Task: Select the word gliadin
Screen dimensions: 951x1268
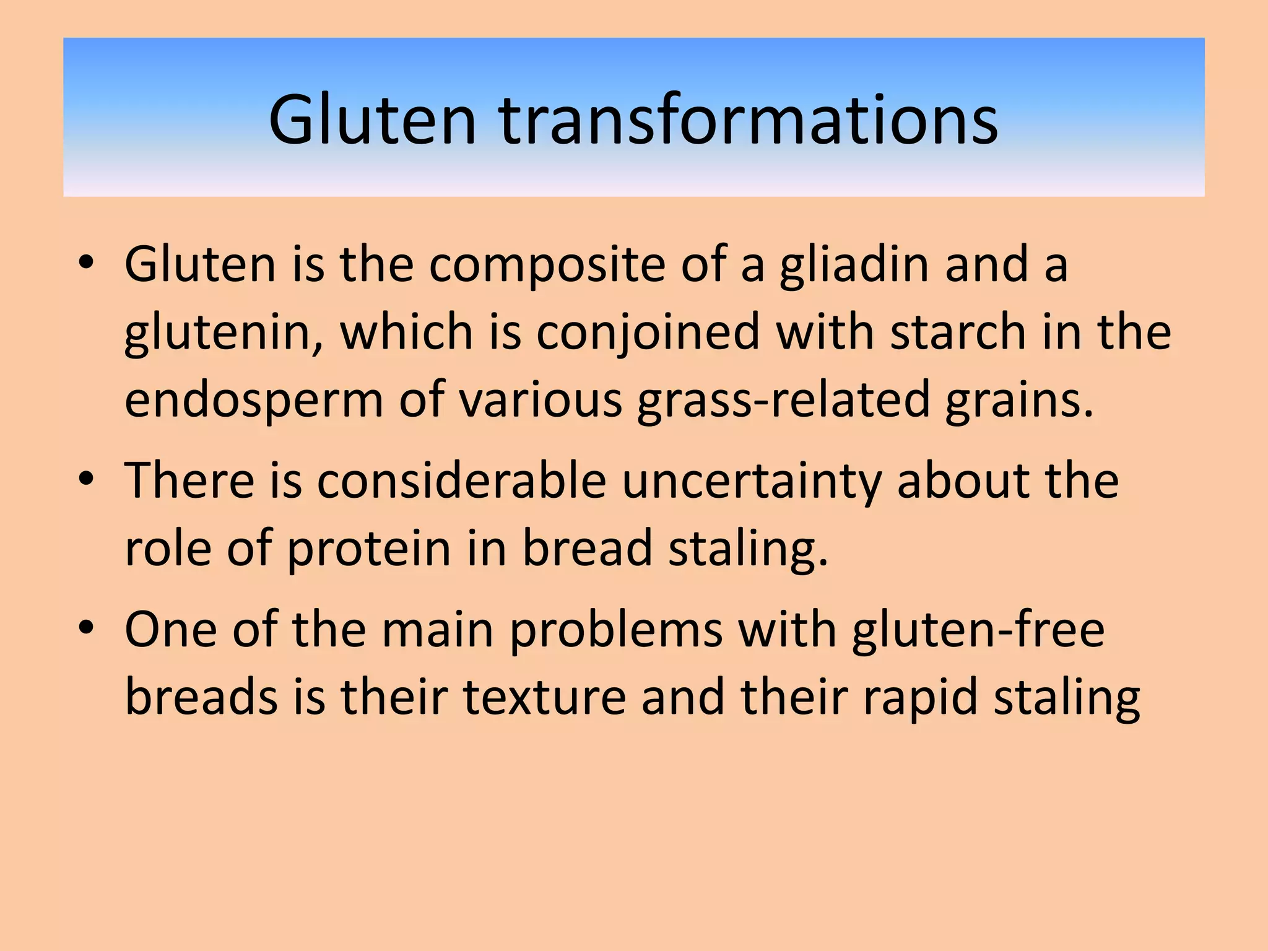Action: (854, 265)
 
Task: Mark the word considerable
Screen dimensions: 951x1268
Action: (461, 480)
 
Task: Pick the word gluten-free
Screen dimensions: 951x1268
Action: (978, 630)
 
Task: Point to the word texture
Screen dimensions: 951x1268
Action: (545, 697)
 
